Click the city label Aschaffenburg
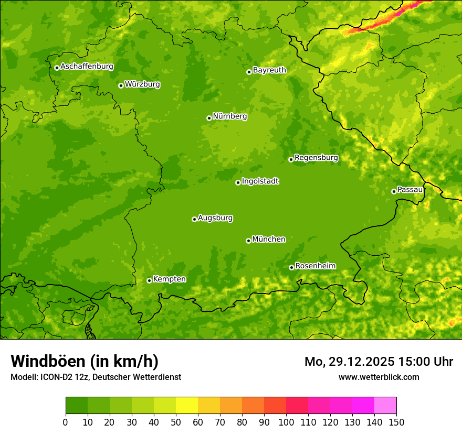[87, 67]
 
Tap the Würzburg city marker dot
[121, 85]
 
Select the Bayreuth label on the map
[269, 70]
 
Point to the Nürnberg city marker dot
[209, 118]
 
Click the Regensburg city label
[316, 157]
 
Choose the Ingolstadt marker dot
[238, 182]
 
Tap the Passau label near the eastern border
[409, 189]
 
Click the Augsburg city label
[215, 217]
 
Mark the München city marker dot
[248, 241]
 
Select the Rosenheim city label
[315, 266]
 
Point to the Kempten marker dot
[149, 280]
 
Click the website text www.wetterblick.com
[379, 377]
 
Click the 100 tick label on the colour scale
[286, 422]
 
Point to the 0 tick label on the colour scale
[66, 422]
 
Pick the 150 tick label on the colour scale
[396, 422]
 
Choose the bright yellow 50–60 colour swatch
[187, 406]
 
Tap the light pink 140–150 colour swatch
[385, 406]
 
